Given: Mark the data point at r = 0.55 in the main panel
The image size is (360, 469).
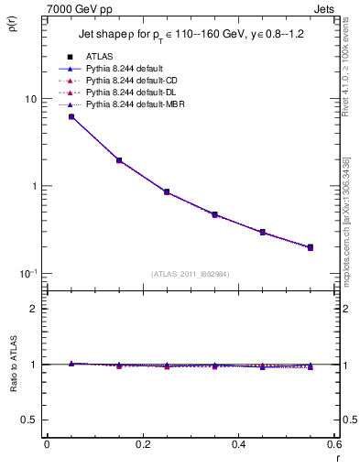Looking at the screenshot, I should tap(311, 247).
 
